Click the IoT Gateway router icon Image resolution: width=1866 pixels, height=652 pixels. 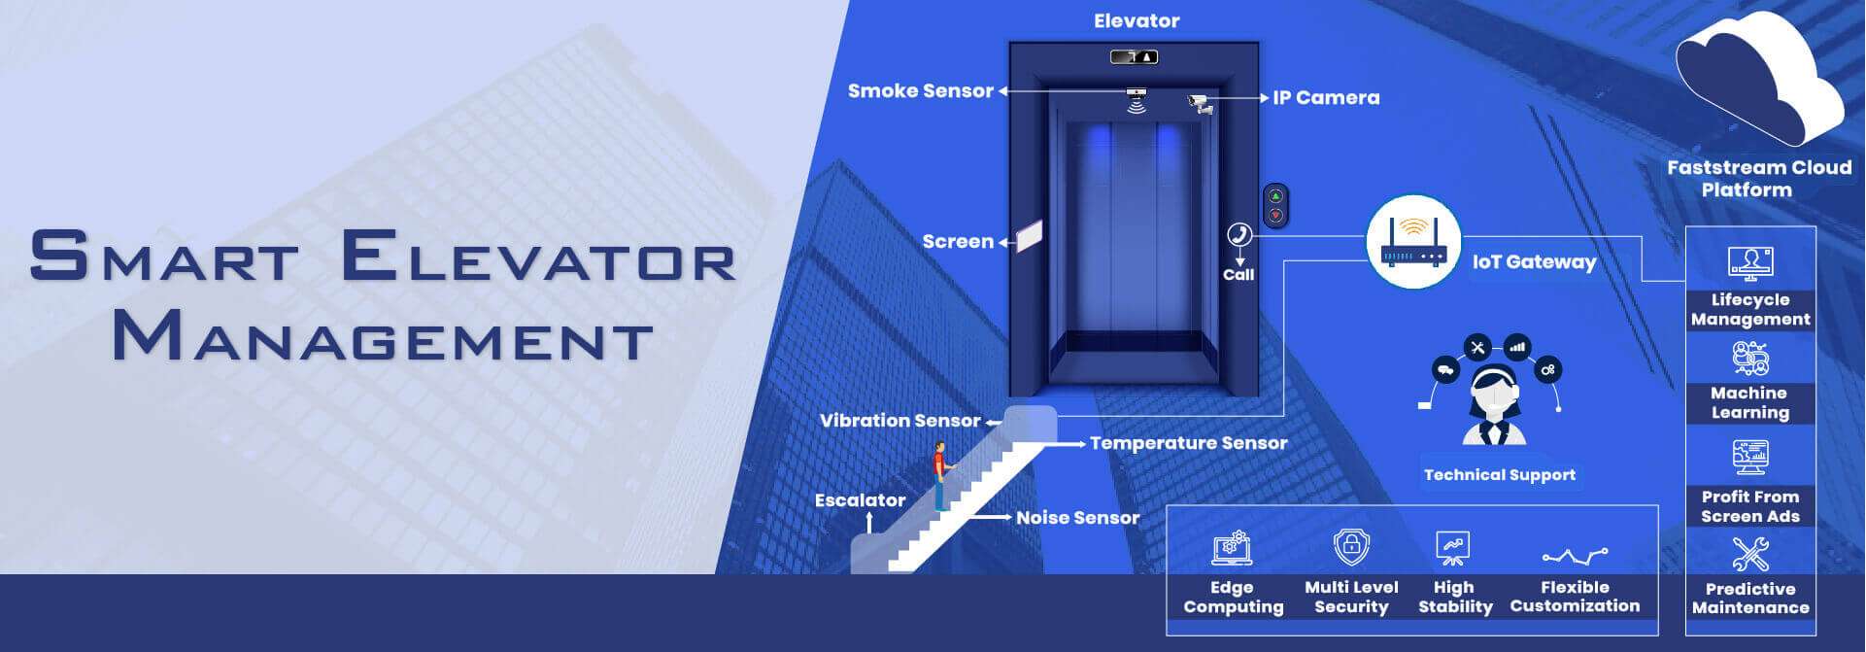(1413, 242)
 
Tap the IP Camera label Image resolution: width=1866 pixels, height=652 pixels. (1326, 97)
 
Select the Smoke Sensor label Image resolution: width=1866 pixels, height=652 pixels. (921, 90)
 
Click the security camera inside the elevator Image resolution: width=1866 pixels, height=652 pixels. (1201, 103)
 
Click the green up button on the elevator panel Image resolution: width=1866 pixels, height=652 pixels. (1275, 196)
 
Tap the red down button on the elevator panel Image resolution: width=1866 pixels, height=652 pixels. (1275, 215)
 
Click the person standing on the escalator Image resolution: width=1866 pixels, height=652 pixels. (939, 475)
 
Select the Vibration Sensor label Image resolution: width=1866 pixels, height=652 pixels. (899, 421)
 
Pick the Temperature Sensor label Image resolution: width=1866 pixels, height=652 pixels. (1188, 443)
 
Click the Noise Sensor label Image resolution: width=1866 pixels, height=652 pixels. (1077, 518)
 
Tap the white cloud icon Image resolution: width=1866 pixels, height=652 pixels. (1758, 78)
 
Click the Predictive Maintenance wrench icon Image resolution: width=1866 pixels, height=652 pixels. (1750, 555)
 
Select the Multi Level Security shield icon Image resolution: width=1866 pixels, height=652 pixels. (1350, 547)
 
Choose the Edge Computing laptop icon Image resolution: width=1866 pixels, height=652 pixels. (1232, 549)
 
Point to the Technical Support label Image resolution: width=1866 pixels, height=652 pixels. (1499, 475)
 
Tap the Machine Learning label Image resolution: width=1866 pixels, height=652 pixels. (1749, 402)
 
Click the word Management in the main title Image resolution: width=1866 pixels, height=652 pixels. (382, 337)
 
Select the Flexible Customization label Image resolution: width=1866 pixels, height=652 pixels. (1575, 597)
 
